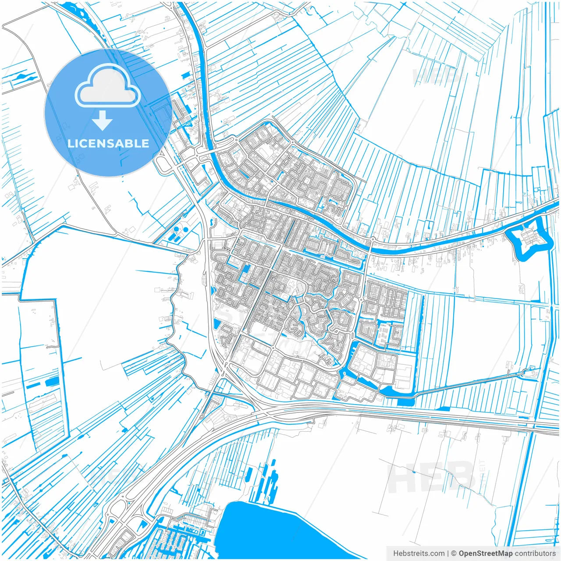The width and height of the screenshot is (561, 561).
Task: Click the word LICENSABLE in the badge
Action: [108, 144]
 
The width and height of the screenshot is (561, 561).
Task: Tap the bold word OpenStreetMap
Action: [486, 554]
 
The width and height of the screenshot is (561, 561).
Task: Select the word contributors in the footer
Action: [535, 554]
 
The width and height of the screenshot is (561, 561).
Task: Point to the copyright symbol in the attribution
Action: [454, 554]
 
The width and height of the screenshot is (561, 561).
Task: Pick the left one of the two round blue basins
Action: [177, 229]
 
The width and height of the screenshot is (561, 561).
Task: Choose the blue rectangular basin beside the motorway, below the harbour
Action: [405, 402]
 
